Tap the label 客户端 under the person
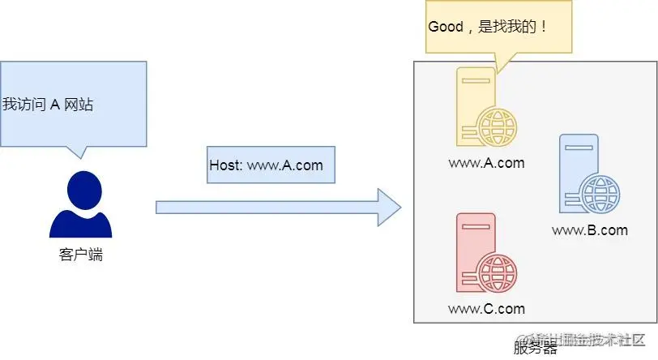[x=81, y=255]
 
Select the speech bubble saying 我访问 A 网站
[x=73, y=103]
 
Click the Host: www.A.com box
[x=266, y=165]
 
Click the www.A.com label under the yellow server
[x=486, y=163]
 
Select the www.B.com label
[x=590, y=230]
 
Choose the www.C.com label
[x=486, y=309]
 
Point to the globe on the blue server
[x=601, y=194]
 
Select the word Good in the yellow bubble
[x=445, y=26]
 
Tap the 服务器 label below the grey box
[x=535, y=349]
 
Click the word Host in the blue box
[x=224, y=165]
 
